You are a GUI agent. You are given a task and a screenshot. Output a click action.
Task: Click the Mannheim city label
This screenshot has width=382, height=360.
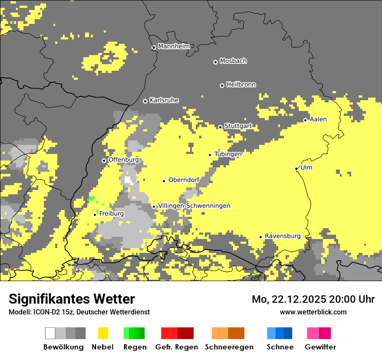coord(174,46)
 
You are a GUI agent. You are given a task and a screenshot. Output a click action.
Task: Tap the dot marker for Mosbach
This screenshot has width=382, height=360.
coord(215,62)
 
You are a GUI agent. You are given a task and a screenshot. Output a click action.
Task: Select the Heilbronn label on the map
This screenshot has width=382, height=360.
coord(241,85)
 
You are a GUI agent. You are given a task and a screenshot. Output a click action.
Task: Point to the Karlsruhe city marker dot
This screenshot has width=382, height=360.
coord(145,101)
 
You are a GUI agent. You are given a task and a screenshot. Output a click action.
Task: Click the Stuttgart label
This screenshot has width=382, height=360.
coord(238,126)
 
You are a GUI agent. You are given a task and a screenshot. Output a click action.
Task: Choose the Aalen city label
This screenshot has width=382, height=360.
coord(318,119)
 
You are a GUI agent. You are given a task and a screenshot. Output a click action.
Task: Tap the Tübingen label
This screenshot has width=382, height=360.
coord(228,154)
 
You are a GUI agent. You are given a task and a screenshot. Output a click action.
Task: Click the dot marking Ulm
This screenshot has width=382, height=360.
coord(296,168)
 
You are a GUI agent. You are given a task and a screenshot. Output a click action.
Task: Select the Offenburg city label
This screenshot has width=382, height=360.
coord(123,160)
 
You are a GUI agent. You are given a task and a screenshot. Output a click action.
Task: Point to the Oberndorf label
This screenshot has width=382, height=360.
coord(184,180)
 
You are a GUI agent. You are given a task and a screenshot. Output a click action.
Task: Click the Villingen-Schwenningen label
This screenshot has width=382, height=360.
coord(194,206)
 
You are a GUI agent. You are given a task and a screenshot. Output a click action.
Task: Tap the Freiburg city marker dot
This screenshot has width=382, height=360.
coord(95,215)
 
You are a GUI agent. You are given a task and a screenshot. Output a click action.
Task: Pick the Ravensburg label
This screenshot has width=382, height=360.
coord(283,236)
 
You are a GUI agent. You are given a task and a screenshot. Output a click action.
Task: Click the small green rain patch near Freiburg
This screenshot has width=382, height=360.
coord(91,199)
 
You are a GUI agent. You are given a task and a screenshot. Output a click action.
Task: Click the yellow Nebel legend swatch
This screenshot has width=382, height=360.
coord(103,333)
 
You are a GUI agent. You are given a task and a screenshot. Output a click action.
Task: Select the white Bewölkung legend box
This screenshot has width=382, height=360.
coord(50,333)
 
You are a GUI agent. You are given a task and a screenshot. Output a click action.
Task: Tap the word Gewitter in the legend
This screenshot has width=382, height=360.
coord(320,347)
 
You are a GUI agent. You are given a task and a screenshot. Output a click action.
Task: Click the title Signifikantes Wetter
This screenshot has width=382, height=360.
coord(72,299)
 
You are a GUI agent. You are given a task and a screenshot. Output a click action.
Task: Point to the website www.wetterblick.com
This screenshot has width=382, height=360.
coord(313,312)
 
